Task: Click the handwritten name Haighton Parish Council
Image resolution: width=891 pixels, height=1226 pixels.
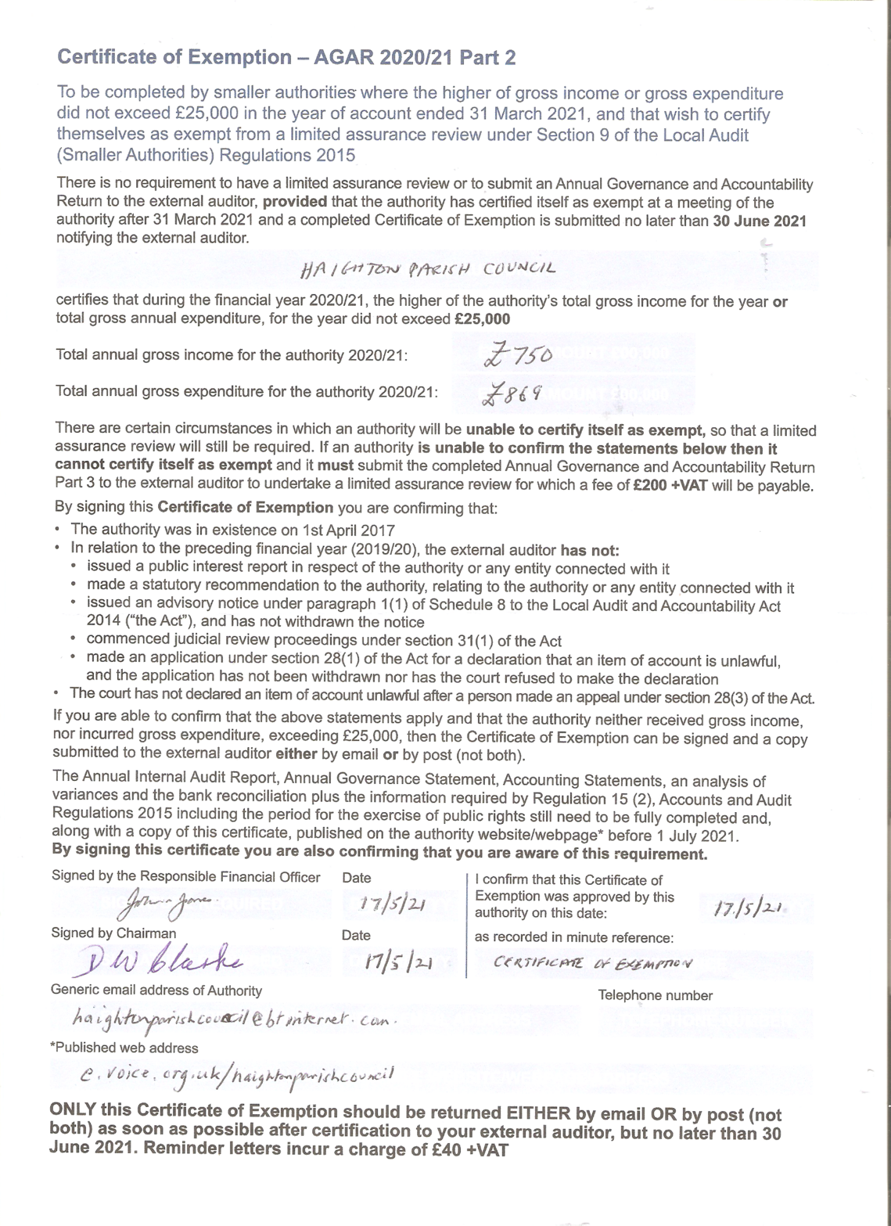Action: point(427,268)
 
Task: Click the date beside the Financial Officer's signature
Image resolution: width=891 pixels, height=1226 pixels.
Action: point(390,904)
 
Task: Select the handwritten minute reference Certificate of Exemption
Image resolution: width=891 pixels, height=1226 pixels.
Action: point(592,963)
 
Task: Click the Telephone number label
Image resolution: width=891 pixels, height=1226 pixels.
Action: point(655,995)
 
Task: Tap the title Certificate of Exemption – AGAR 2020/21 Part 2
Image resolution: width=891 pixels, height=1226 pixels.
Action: point(286,57)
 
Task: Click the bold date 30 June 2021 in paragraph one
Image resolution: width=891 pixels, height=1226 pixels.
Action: point(759,221)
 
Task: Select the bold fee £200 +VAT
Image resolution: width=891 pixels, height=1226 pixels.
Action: point(670,485)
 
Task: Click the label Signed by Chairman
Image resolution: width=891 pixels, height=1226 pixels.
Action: point(113,933)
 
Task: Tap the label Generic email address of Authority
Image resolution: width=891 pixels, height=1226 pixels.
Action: point(156,990)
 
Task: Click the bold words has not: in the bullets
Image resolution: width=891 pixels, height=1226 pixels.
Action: point(590,550)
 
